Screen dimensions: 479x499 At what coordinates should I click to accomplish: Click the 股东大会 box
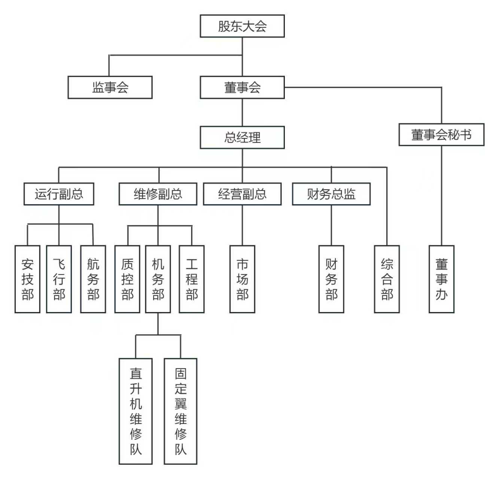click(x=242, y=26)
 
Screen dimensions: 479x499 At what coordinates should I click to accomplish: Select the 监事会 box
click(x=110, y=88)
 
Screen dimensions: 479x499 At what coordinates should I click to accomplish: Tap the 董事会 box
click(x=242, y=88)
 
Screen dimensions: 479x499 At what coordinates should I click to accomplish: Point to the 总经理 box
click(x=242, y=138)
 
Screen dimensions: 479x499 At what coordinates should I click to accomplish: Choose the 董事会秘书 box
click(x=441, y=135)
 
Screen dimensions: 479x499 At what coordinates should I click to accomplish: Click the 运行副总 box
click(x=59, y=194)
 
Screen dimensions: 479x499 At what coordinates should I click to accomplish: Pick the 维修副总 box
click(x=158, y=194)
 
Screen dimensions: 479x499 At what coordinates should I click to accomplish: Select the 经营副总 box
click(x=242, y=194)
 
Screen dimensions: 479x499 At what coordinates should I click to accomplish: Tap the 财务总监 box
click(x=331, y=194)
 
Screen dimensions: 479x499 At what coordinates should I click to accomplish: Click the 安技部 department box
click(x=27, y=279)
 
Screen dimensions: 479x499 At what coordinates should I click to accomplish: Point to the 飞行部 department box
click(x=59, y=279)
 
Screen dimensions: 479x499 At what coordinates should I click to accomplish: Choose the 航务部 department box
click(x=93, y=279)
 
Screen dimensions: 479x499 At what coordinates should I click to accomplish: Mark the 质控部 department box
click(x=127, y=279)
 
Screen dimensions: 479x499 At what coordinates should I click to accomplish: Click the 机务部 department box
click(x=158, y=279)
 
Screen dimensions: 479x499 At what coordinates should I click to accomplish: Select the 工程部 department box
click(x=192, y=279)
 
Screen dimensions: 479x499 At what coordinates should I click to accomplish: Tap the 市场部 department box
click(x=242, y=279)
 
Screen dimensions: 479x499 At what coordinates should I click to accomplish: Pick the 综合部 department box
click(x=387, y=279)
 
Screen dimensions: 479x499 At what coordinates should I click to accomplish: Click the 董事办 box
click(x=442, y=279)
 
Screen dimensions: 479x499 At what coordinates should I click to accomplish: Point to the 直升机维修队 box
click(x=136, y=411)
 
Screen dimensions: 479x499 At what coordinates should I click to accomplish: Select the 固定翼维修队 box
click(x=180, y=411)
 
